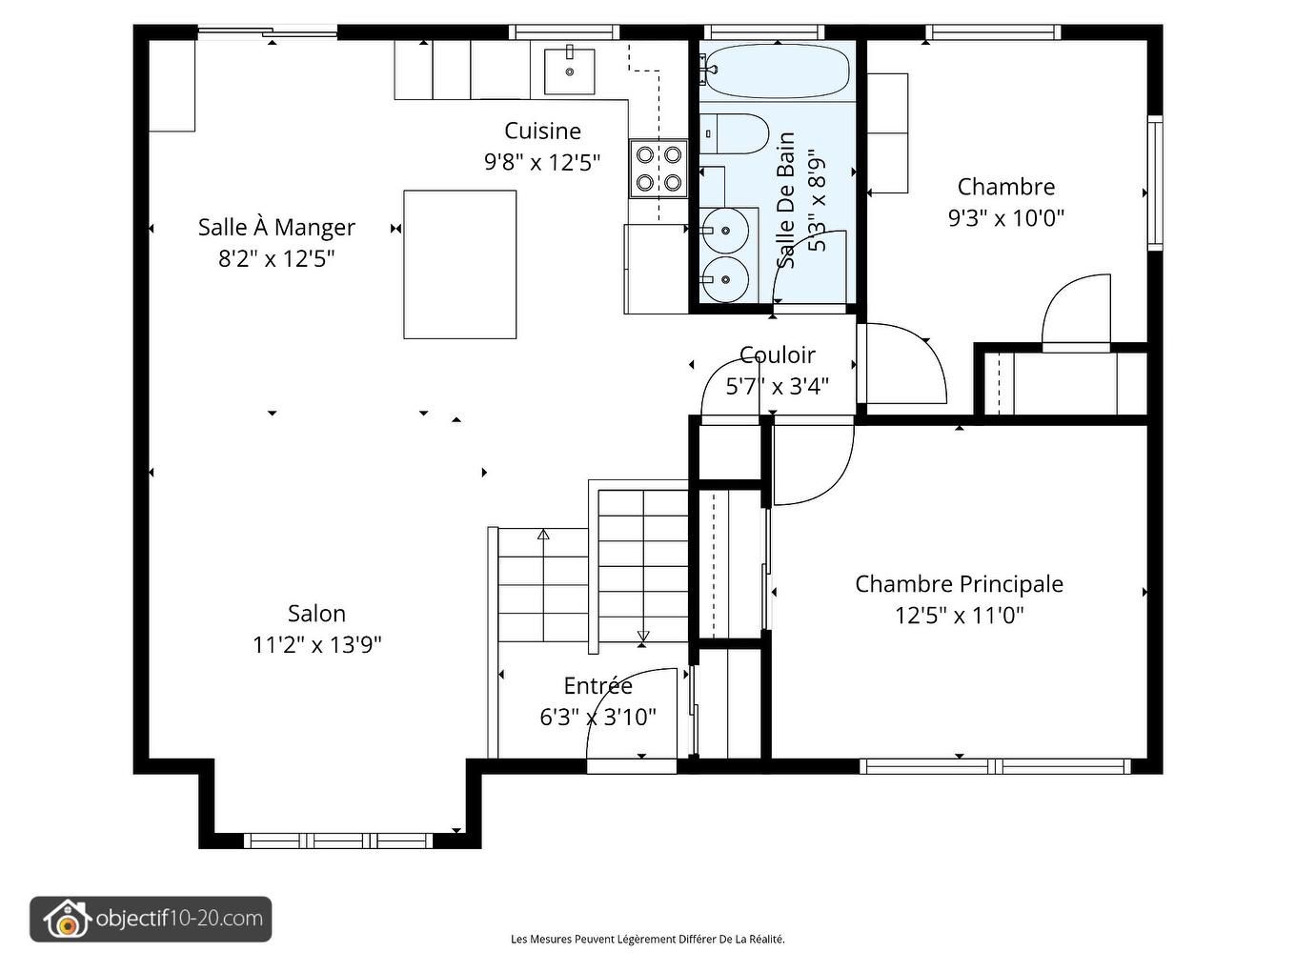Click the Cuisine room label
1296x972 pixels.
point(542,131)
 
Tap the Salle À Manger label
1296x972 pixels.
point(276,228)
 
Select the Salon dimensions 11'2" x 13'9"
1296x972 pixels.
point(316,645)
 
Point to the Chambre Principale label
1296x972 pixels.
point(959,584)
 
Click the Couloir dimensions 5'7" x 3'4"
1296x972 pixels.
point(777,386)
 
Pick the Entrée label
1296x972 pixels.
point(597,686)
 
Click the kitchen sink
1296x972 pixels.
point(569,71)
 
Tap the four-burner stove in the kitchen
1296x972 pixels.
point(658,168)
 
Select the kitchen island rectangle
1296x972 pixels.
point(459,265)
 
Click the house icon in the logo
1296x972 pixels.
point(66,920)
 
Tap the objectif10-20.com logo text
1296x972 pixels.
point(179,919)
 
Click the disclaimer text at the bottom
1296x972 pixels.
point(648,940)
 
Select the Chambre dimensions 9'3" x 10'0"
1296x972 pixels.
point(1005,218)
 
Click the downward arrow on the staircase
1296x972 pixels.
point(642,637)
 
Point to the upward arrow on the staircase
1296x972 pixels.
point(543,535)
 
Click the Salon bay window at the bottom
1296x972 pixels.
point(339,840)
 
